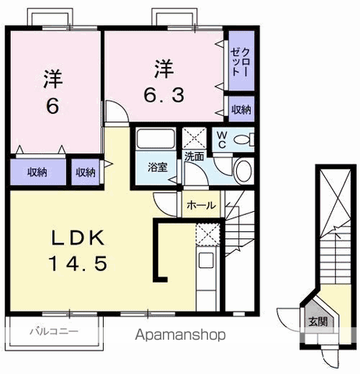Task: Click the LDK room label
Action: click(78, 238)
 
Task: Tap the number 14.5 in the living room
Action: click(78, 263)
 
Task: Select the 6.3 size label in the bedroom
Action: click(164, 95)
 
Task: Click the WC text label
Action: click(222, 140)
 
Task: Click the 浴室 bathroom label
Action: click(157, 167)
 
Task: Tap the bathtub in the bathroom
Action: click(156, 139)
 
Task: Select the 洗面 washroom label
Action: click(194, 157)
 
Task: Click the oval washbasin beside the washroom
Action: click(244, 171)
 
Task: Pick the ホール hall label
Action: click(201, 205)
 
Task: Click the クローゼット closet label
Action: click(240, 62)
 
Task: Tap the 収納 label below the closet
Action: click(242, 110)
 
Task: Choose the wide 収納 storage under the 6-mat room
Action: click(38, 172)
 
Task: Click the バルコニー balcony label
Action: click(54, 331)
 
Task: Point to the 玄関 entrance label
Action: click(318, 322)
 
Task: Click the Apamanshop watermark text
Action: click(180, 335)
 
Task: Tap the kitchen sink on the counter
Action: click(206, 260)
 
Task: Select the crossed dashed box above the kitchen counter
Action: click(207, 235)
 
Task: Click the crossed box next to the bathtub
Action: click(194, 138)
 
